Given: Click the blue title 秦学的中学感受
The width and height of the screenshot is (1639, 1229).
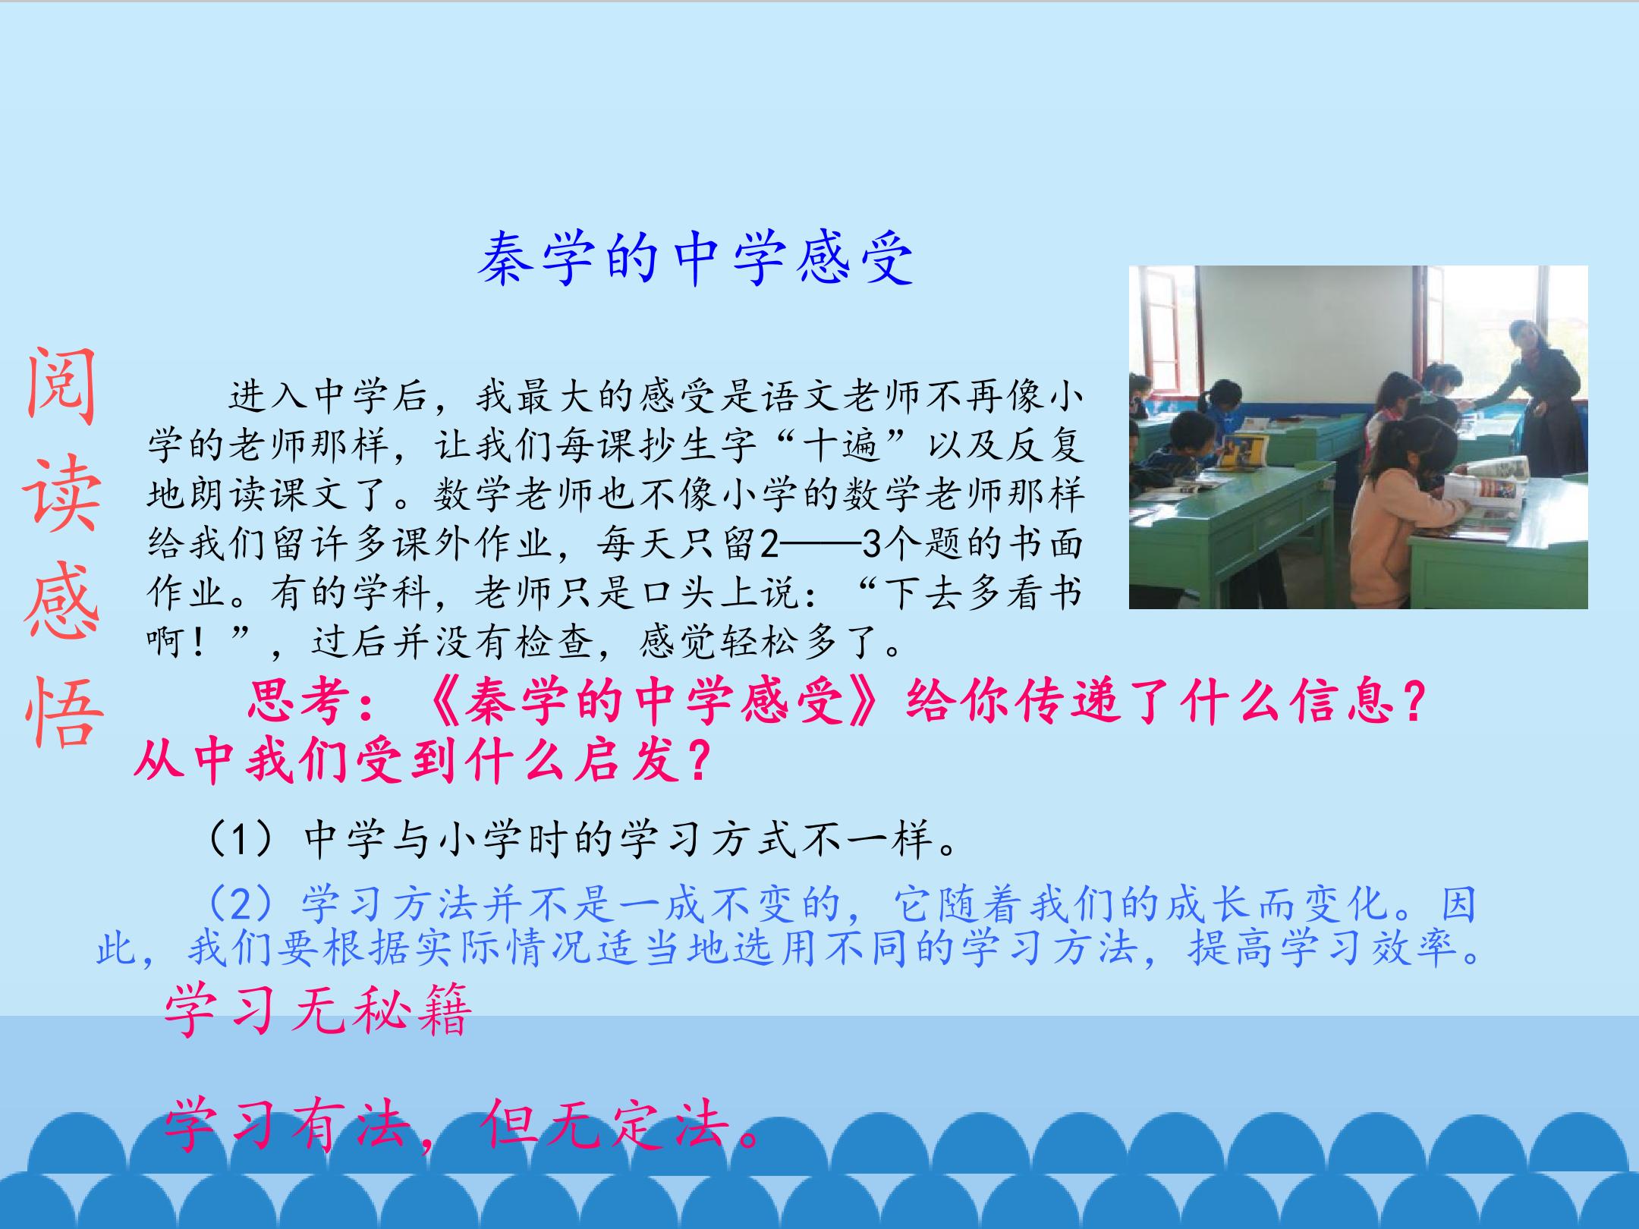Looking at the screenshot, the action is click(696, 259).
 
